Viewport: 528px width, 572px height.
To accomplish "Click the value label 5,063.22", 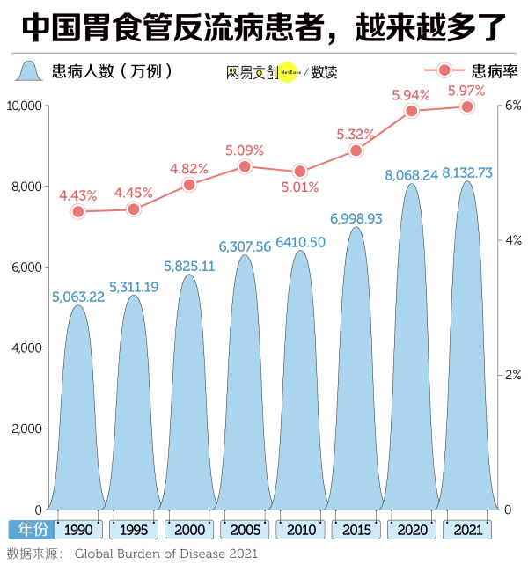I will (x=77, y=297).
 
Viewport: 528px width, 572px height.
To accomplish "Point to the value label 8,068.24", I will (x=411, y=175).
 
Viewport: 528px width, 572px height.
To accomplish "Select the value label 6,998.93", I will (x=356, y=218).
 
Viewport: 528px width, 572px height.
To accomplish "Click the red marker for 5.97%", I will (x=467, y=106).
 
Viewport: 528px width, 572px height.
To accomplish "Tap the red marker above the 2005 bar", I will (x=245, y=166).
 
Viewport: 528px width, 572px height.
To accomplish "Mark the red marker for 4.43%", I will (x=78, y=211).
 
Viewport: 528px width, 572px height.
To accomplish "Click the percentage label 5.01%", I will (x=300, y=187).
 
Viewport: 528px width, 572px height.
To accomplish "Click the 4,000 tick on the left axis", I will (x=26, y=348).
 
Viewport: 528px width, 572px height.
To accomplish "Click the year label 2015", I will (x=356, y=531).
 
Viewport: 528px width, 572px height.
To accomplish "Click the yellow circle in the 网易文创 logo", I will (x=287, y=71).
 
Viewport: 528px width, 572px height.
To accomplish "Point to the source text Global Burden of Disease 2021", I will (x=166, y=554).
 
